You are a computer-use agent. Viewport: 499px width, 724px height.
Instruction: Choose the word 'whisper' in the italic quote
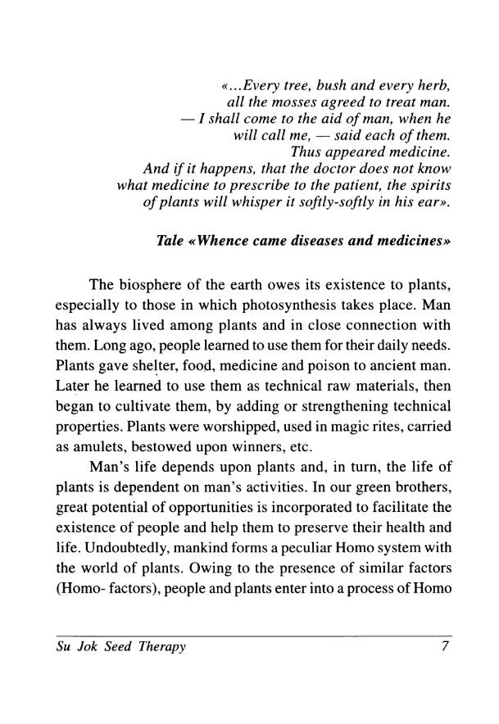tap(295, 202)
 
